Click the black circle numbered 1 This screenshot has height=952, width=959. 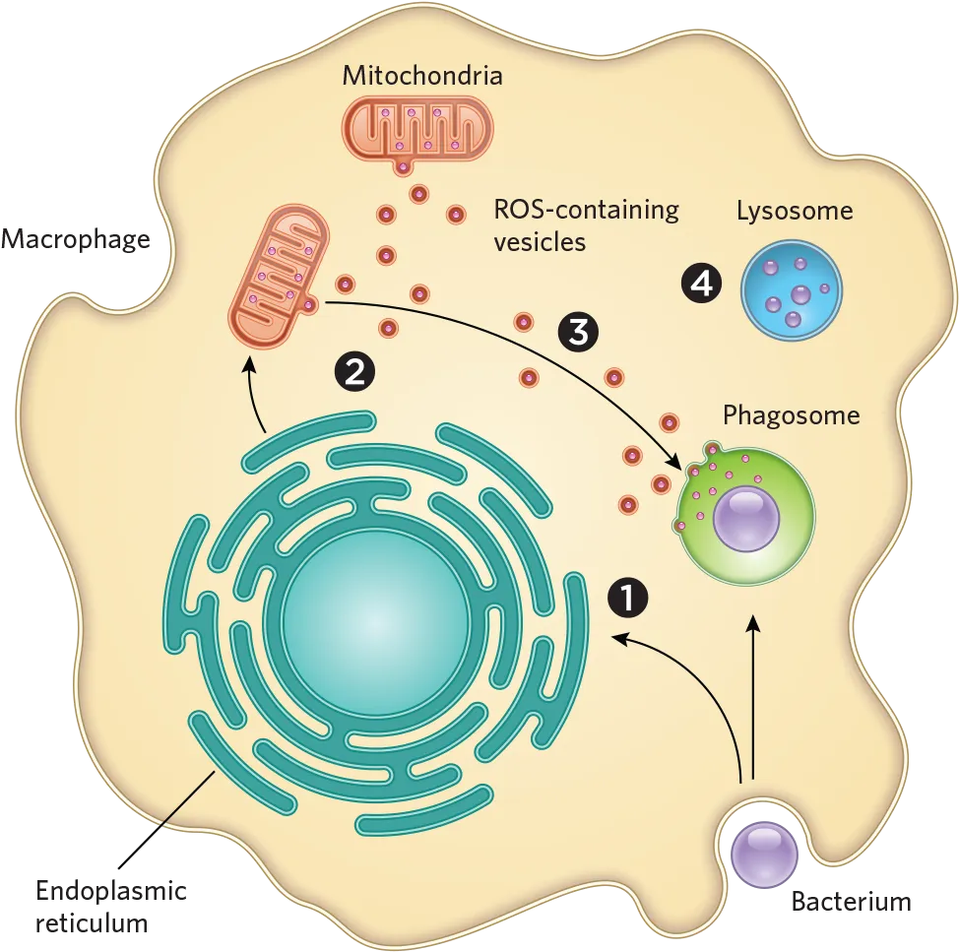pyautogui.click(x=627, y=597)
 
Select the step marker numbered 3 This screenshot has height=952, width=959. pyautogui.click(x=578, y=332)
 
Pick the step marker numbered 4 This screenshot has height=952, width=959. pyautogui.click(x=701, y=284)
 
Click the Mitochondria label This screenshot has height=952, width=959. pyautogui.click(x=422, y=75)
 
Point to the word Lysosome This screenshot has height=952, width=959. pyautogui.click(x=795, y=211)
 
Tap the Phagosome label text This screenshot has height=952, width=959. pyautogui.click(x=792, y=415)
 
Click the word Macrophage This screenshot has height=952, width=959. pyautogui.click(x=75, y=239)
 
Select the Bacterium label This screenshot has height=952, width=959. pyautogui.click(x=851, y=902)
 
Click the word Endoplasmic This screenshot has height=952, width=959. pyautogui.click(x=111, y=892)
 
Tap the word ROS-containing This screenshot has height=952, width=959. pyautogui.click(x=586, y=211)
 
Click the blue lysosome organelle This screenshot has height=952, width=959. pyautogui.click(x=792, y=289)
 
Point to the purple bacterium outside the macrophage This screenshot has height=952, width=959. pyautogui.click(x=764, y=855)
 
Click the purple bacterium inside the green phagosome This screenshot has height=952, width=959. pyautogui.click(x=746, y=521)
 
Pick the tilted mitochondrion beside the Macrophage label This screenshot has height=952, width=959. pyautogui.click(x=279, y=279)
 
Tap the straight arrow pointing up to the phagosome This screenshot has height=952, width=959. pyautogui.click(x=753, y=697)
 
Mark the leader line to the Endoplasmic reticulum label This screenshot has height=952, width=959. pyautogui.click(x=166, y=819)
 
